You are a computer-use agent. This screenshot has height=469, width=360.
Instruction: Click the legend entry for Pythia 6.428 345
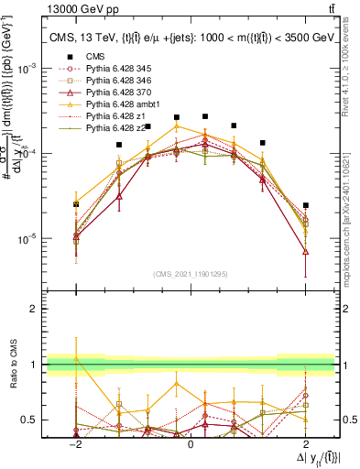pos(118,69)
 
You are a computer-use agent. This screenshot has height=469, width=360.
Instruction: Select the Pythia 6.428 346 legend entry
pos(118,81)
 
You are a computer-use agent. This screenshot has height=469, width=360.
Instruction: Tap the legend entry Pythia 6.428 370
pos(118,93)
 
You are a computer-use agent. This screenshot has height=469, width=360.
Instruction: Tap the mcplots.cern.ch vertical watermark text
pos(351,220)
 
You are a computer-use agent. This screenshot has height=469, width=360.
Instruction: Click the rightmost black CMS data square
pos(306,205)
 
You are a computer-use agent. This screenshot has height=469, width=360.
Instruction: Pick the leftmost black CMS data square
pos(76,204)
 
